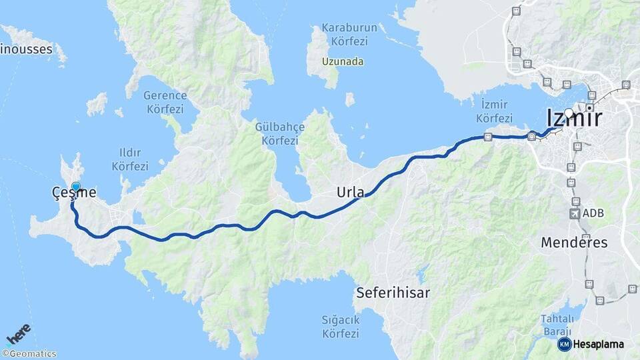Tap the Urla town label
pos(351,193)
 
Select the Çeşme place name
pos(74,193)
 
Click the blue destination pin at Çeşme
pos(76,187)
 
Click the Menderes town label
pos(575,242)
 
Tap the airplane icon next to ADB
pos(574,214)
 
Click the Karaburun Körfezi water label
pos(349,34)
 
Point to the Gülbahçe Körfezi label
pos(280,133)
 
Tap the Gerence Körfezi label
pos(165,101)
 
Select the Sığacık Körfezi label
pos(341,326)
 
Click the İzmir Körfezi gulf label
pos(493,111)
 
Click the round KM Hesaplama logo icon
pos(565,344)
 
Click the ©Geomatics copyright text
pos(29,354)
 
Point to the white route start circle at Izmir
pos(569,113)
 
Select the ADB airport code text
pos(593,214)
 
